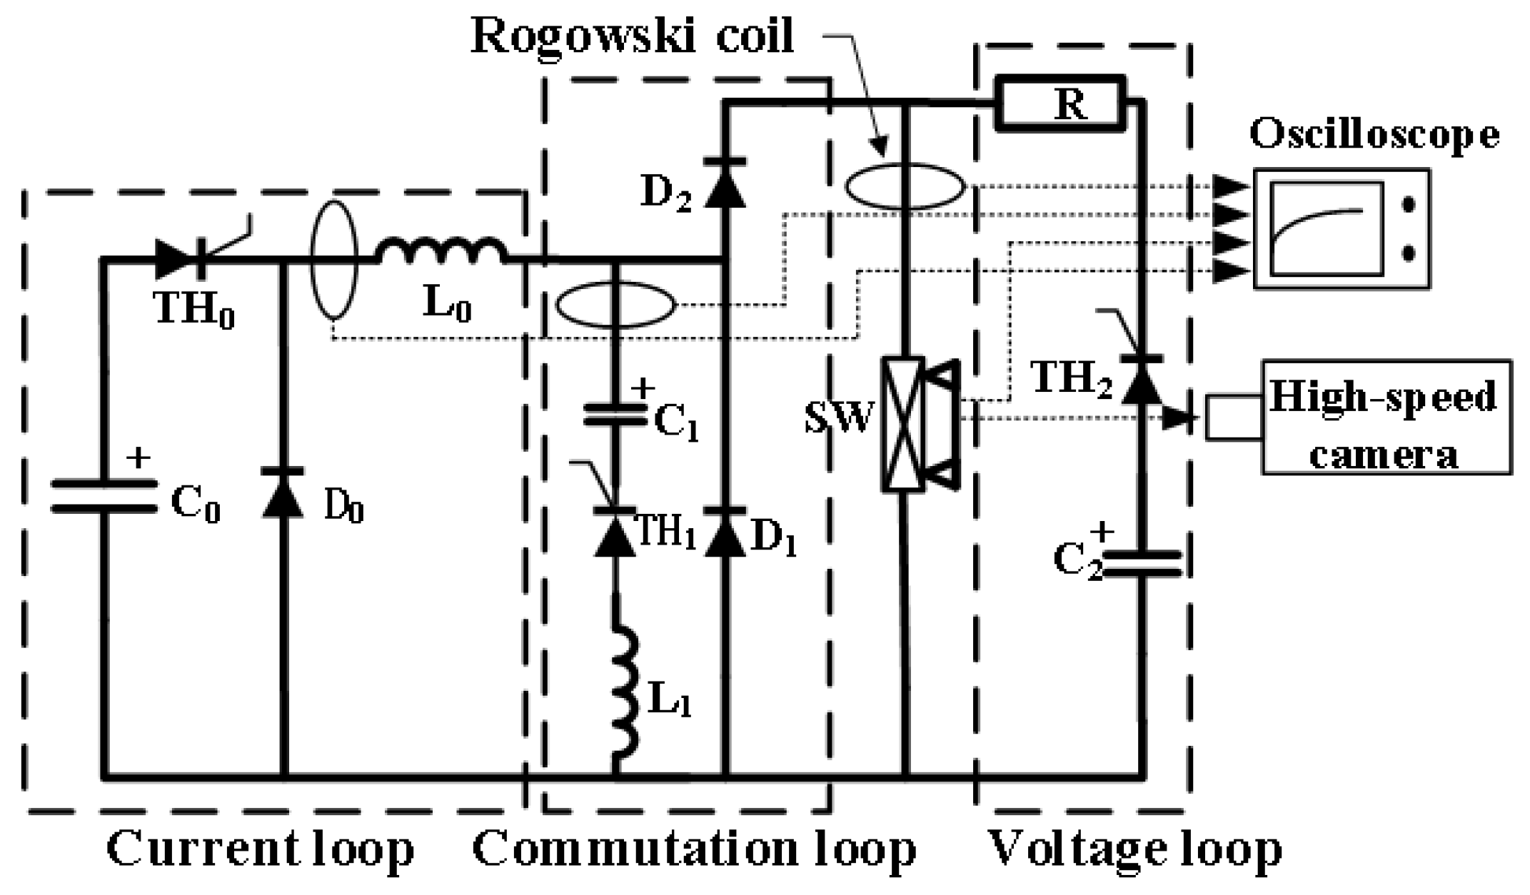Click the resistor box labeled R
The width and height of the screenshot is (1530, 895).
click(1060, 105)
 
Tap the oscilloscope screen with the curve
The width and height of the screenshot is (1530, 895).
click(1327, 228)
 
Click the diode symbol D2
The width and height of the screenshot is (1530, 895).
click(725, 183)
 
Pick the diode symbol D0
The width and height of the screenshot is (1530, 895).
click(283, 492)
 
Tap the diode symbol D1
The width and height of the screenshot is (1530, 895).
click(725, 532)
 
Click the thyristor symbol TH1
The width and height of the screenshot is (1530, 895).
click(615, 532)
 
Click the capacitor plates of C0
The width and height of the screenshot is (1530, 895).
click(104, 496)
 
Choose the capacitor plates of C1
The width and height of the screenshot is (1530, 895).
click(615, 415)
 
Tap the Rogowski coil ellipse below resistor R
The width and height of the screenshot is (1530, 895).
click(905, 186)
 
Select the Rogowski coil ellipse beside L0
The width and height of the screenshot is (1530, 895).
click(333, 259)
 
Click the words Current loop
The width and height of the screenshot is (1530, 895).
click(260, 849)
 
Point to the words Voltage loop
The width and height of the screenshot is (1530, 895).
click(1134, 849)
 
